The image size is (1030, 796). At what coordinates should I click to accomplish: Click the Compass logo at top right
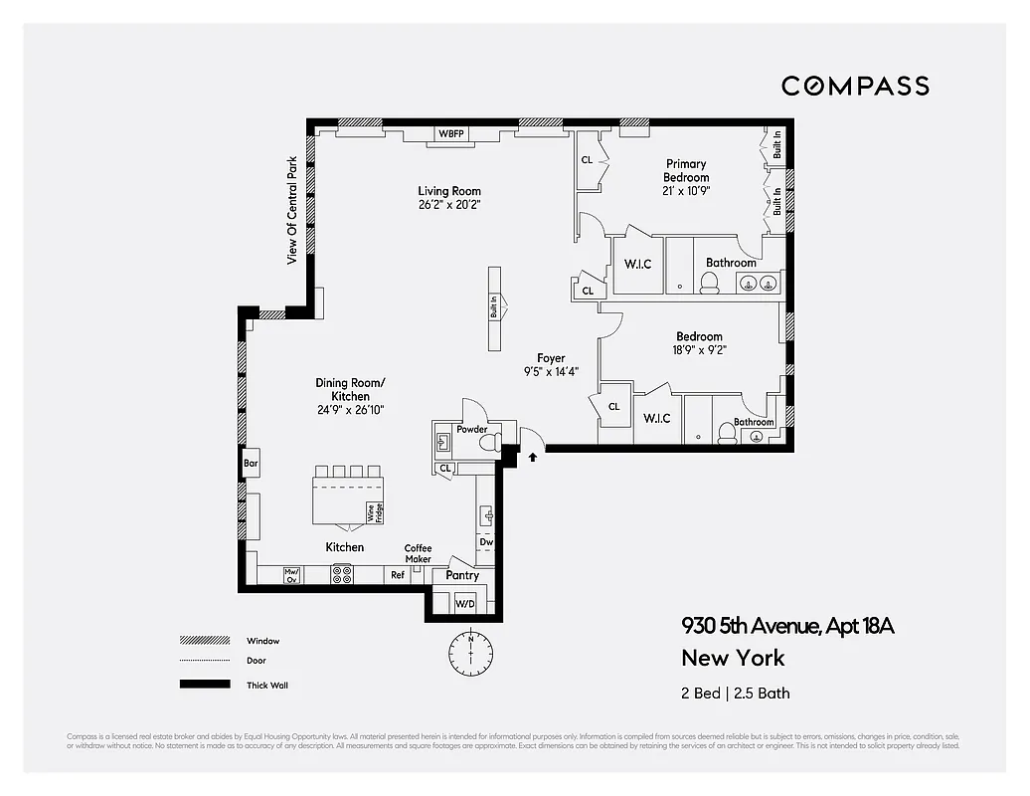[855, 86]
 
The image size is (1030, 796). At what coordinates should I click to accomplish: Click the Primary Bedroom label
[686, 171]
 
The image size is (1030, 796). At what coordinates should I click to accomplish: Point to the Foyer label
[551, 358]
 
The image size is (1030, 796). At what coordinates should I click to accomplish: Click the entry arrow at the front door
[534, 458]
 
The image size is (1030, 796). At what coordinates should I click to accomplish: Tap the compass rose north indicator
[470, 652]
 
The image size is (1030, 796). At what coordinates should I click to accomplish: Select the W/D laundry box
[465, 604]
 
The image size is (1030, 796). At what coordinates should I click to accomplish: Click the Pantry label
[462, 575]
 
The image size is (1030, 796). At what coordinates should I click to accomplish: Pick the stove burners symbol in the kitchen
[342, 574]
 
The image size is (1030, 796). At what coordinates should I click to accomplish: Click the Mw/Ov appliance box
[291, 574]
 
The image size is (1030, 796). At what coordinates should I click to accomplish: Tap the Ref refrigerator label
[398, 575]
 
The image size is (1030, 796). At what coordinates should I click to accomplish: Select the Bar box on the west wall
[251, 463]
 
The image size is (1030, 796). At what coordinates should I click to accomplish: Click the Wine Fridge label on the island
[375, 512]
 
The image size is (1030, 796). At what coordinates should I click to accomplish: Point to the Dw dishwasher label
[486, 542]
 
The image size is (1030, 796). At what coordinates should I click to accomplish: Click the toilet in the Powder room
[487, 443]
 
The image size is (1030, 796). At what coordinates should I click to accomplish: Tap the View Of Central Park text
[292, 211]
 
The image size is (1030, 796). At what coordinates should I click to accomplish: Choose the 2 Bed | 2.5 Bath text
[736, 693]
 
